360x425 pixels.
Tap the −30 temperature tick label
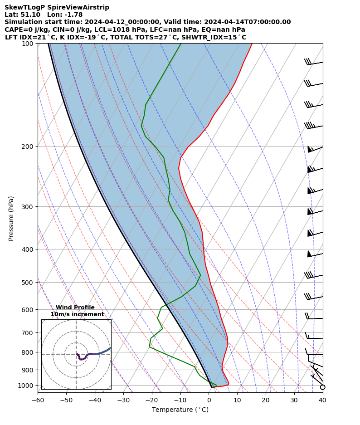[x=123, y=400]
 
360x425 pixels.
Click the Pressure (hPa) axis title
[x=11, y=218]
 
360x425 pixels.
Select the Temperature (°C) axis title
[x=180, y=410]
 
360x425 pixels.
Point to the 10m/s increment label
[x=77, y=314]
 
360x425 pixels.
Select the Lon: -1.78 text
[x=65, y=15]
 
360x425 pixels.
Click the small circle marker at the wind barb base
[x=322, y=387]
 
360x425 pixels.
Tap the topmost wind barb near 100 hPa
[x=314, y=63]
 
